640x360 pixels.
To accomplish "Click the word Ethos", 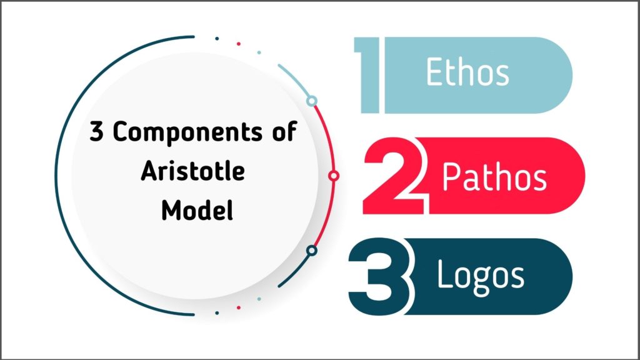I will [467, 73].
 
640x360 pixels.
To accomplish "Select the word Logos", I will [480, 276].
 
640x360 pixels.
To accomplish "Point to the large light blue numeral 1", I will [369, 75].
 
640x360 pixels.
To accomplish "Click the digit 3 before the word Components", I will [97, 134].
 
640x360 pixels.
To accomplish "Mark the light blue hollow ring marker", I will [312, 101].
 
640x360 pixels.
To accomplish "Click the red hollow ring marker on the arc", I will [334, 176].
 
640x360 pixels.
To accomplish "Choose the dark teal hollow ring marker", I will [312, 251].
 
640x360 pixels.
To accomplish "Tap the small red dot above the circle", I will [238, 44].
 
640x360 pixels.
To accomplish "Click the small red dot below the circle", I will [238, 307].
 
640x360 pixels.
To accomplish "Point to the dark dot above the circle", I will [217, 38].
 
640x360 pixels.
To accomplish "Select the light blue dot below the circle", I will [259, 299].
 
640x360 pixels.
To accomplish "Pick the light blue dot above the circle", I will [259, 52].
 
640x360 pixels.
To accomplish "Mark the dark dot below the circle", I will [217, 312].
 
